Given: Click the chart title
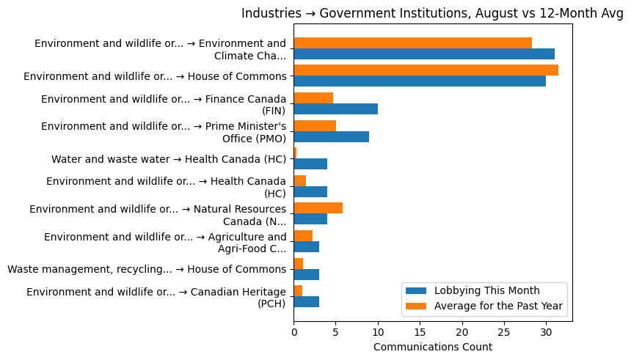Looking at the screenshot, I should pyautogui.click(x=432, y=13).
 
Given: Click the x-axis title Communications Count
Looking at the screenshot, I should pyautogui.click(x=432, y=347).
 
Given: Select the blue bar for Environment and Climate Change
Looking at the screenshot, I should pyautogui.click(x=423, y=54).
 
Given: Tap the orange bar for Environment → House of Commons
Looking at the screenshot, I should pyautogui.click(x=426, y=70).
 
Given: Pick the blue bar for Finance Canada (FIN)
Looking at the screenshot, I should pyautogui.click(x=335, y=109).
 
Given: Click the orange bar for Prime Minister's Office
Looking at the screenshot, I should pyautogui.click(x=315, y=125).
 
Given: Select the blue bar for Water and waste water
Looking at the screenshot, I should pyautogui.click(x=310, y=164).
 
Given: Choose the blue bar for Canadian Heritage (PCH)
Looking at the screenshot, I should pyautogui.click(x=306, y=302).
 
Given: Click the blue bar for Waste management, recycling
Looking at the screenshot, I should pyautogui.click(x=306, y=274).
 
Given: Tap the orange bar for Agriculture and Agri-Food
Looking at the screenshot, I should pyautogui.click(x=303, y=235).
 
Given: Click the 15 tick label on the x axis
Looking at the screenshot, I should pyautogui.click(x=420, y=331).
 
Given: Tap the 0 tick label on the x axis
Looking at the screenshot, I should pyautogui.click(x=294, y=331).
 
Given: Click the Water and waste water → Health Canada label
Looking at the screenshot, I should pyautogui.click(x=169, y=159).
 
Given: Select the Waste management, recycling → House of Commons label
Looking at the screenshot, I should pyautogui.click(x=147, y=269).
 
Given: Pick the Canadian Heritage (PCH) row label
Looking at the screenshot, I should pyautogui.click(x=156, y=297).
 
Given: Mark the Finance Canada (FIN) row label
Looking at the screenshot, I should pyautogui.click(x=164, y=104).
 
